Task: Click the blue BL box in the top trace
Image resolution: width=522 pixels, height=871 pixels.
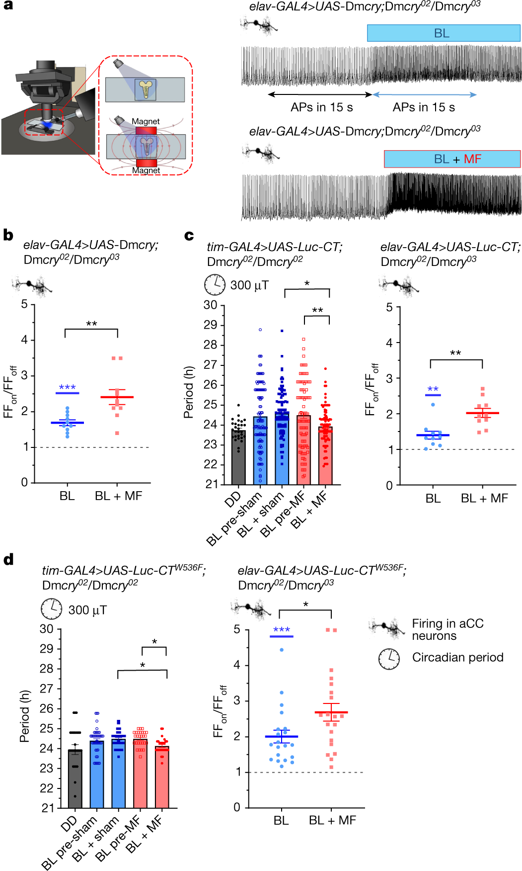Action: (x=443, y=33)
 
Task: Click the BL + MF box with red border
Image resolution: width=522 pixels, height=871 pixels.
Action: (x=452, y=159)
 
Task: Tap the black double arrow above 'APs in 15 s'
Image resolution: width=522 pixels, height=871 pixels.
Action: (x=320, y=94)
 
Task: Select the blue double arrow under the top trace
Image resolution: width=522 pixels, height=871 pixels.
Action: (x=424, y=94)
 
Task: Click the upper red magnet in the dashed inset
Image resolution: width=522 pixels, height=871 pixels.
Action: (x=146, y=131)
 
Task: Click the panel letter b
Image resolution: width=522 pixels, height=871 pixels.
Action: (x=8, y=235)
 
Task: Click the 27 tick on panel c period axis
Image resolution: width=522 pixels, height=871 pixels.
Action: (x=211, y=365)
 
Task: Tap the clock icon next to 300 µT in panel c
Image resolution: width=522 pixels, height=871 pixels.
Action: (x=215, y=285)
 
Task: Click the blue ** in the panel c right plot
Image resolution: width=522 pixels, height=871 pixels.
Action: (x=433, y=389)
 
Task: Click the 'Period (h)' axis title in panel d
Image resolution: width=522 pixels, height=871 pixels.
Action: (x=24, y=716)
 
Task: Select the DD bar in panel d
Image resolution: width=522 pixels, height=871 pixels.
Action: (x=75, y=778)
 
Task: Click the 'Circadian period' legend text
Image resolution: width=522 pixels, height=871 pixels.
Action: (x=457, y=657)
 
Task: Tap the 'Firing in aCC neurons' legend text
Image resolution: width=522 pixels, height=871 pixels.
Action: (x=447, y=629)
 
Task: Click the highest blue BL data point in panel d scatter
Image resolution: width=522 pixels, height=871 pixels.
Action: (x=282, y=650)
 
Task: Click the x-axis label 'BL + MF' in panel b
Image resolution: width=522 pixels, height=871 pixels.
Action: (x=118, y=496)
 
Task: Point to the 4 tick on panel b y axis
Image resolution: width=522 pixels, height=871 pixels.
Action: (x=24, y=340)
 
